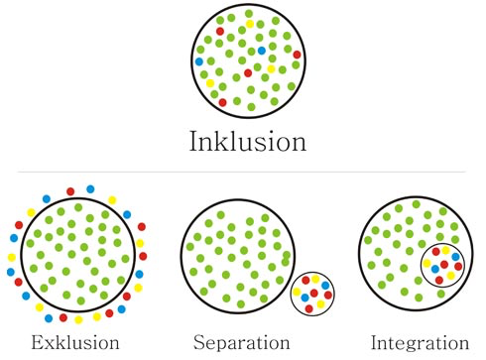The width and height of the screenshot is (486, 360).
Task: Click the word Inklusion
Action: [248, 141]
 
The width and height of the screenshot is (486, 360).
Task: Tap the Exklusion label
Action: [75, 342]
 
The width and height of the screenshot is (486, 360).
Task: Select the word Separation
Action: [242, 342]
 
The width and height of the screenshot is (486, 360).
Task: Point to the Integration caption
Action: [420, 343]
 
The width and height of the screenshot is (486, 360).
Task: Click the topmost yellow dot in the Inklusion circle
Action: [250, 24]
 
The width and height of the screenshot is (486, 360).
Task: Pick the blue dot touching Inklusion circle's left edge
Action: [199, 61]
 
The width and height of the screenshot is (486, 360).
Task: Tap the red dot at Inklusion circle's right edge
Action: [297, 55]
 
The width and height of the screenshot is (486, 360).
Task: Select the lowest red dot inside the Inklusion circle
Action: [222, 102]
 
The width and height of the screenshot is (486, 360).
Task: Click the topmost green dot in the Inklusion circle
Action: [249, 14]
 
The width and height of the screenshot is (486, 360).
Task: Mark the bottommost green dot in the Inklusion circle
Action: [251, 107]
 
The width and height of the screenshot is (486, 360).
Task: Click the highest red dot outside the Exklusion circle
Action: [70, 191]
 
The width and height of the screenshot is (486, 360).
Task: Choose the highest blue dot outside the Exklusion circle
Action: [90, 189]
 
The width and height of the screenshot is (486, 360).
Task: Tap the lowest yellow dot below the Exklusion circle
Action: [78, 319]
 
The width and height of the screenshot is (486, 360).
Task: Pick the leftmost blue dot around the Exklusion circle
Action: [11, 272]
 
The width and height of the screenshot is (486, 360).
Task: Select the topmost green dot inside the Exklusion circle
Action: [78, 207]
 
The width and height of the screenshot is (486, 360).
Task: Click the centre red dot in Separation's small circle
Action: [314, 293]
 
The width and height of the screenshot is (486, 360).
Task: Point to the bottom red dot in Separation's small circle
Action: [308, 308]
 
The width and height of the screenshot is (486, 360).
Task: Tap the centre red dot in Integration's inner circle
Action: [444, 265]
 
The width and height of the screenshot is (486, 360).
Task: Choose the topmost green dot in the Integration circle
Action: [417, 204]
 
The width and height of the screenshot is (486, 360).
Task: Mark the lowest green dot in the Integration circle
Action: [419, 298]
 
